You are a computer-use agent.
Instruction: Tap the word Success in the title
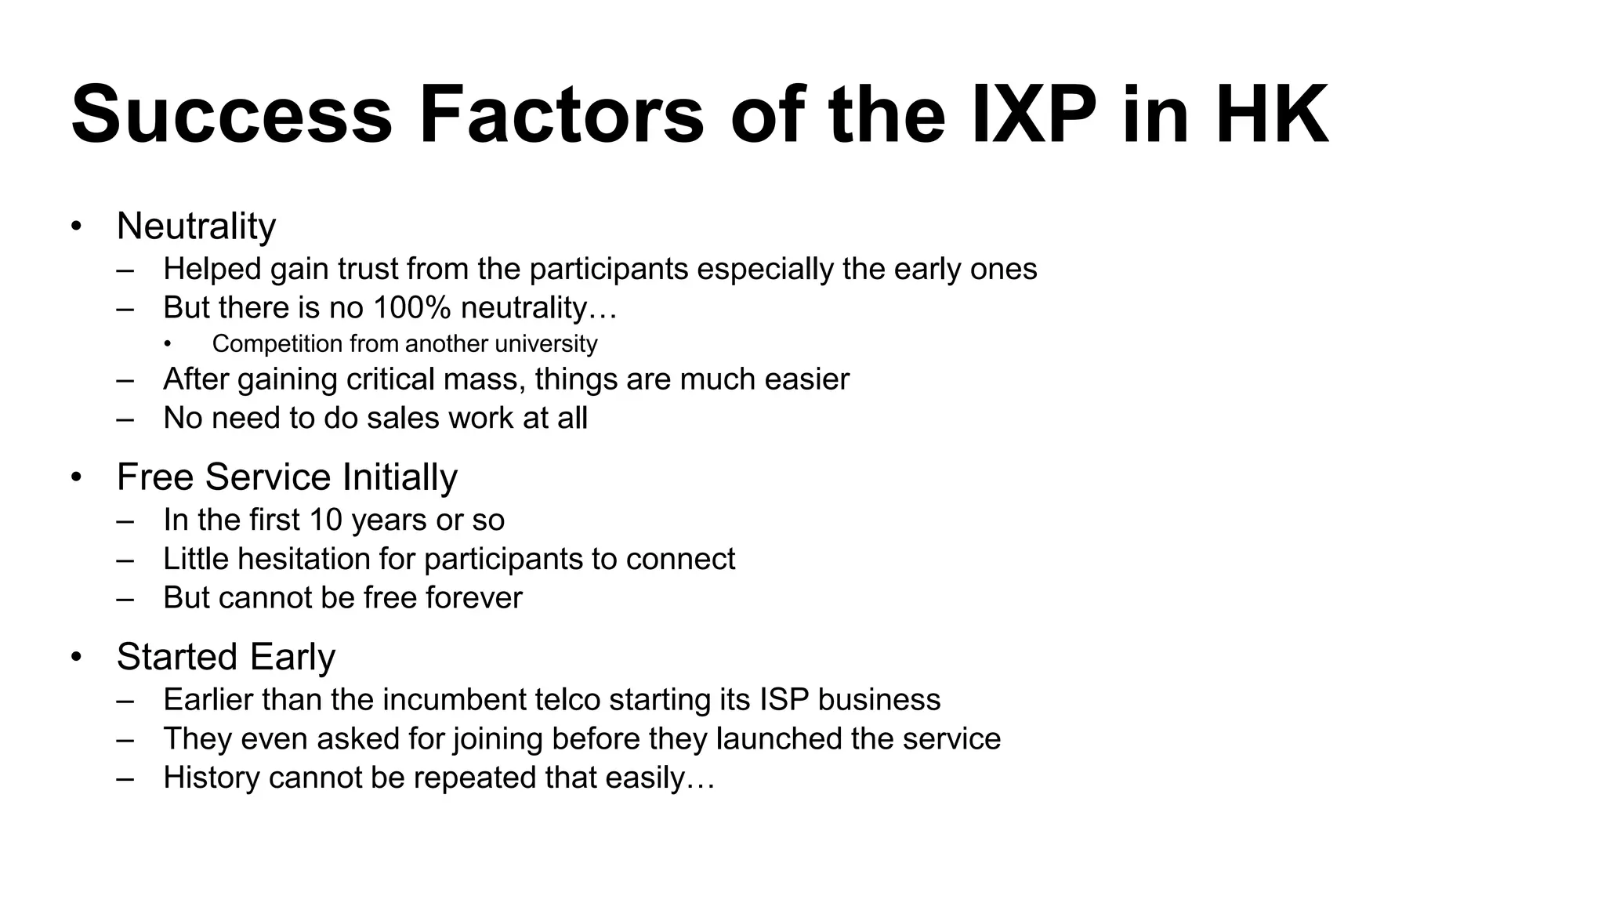click(x=232, y=115)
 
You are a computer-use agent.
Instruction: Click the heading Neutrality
click(x=196, y=226)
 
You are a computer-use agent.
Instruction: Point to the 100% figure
click(x=412, y=307)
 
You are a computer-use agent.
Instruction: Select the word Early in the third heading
click(x=293, y=657)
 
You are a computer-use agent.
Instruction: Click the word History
click(x=211, y=778)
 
